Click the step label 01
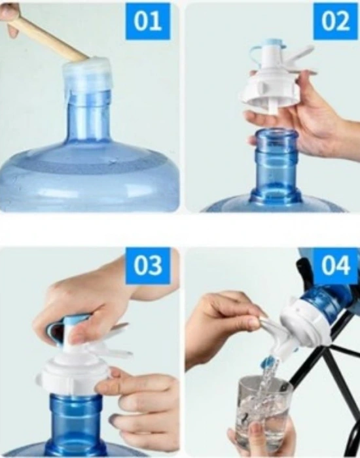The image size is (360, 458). (x=147, y=22)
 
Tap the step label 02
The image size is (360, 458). (x=335, y=22)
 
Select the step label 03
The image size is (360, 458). (x=148, y=266)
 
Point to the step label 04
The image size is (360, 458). (x=336, y=266)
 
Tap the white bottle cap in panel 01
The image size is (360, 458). (x=87, y=75)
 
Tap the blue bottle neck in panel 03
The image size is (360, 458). (x=77, y=421)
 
